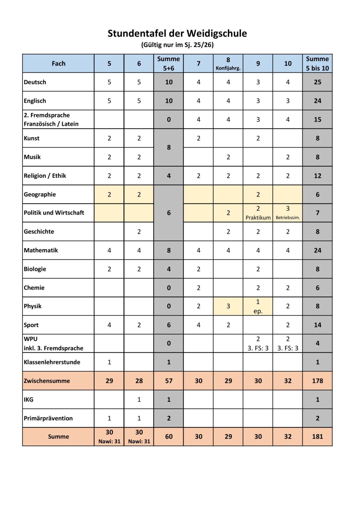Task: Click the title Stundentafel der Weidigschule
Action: click(x=177, y=33)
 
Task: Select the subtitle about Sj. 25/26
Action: click(x=177, y=45)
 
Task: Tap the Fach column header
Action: click(x=58, y=64)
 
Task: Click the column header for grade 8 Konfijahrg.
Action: click(x=228, y=64)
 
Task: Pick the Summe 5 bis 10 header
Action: click(x=317, y=64)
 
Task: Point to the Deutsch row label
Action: click(x=35, y=82)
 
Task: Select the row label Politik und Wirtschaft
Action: click(x=54, y=213)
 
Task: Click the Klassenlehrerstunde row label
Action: click(x=52, y=362)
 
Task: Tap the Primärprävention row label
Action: click(x=48, y=418)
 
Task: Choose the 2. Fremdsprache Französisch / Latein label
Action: click(x=51, y=119)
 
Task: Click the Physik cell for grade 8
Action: click(x=228, y=306)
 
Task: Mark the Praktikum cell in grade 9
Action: click(x=258, y=213)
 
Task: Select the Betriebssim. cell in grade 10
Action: click(x=288, y=213)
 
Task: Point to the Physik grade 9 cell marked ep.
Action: click(x=258, y=306)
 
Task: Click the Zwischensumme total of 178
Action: click(x=317, y=381)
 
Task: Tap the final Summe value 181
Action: click(x=317, y=437)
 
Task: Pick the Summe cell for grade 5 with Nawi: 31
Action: click(x=109, y=437)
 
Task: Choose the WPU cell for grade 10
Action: click(x=288, y=343)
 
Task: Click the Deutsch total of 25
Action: click(x=317, y=82)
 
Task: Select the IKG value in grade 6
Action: click(x=139, y=400)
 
